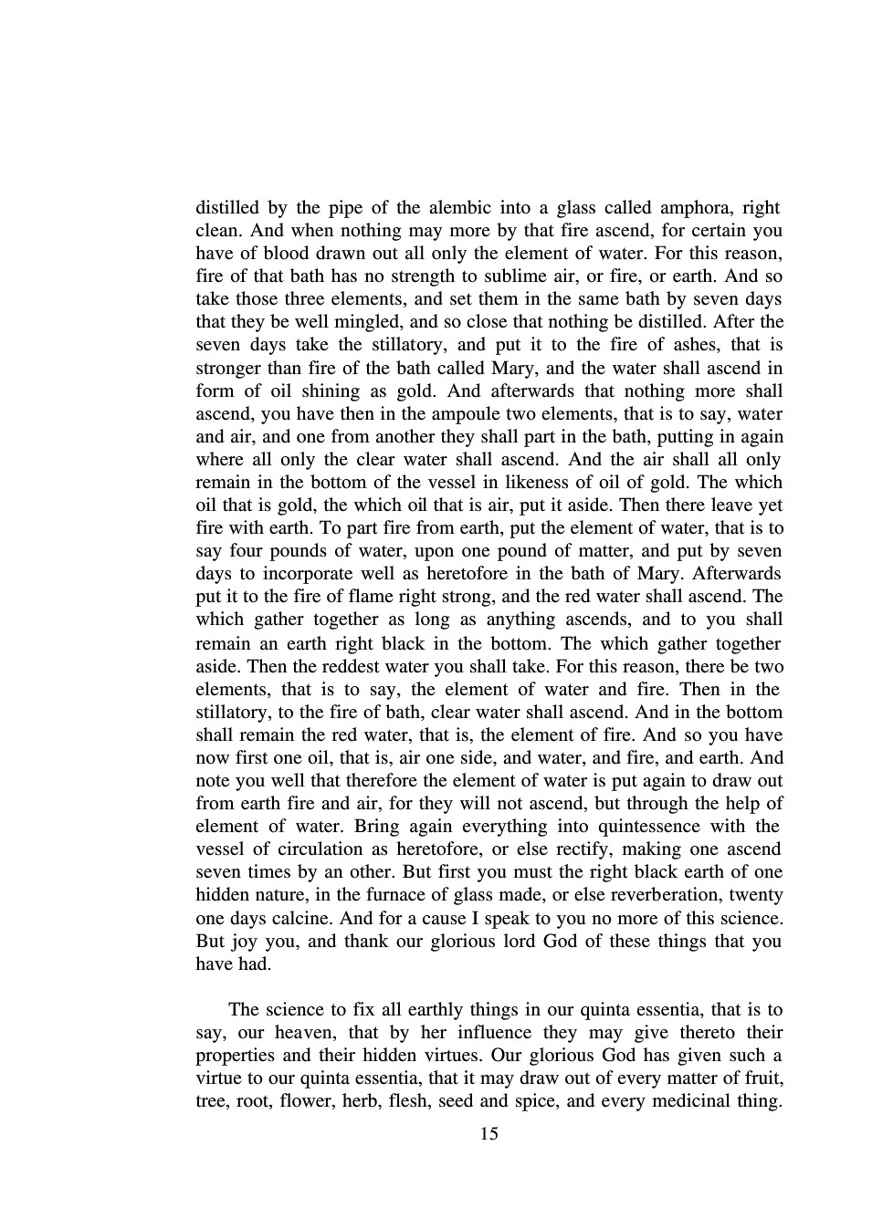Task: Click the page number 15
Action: pos(489,1134)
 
